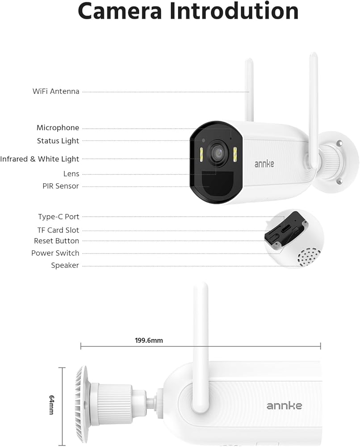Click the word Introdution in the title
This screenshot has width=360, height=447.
coord(234,11)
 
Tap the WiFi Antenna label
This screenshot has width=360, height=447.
coord(56,92)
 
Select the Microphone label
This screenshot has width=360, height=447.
coord(58,128)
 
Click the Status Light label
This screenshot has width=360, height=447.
coord(58,141)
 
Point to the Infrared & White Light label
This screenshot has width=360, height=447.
coord(40,159)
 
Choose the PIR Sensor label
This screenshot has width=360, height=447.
coord(61,186)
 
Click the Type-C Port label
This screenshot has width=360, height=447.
coord(59,217)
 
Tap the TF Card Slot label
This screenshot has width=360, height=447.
coord(58,230)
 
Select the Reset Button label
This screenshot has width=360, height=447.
coord(56,241)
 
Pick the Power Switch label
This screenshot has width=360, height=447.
coord(55,253)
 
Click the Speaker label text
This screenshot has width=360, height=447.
coord(65,266)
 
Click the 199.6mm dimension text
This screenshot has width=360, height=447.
coord(149,340)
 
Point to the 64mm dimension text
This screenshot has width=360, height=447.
coord(51,405)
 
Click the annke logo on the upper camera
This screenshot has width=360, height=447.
coord(264,164)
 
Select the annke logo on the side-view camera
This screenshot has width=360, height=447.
coord(284,405)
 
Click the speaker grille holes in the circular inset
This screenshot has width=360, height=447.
coord(309,257)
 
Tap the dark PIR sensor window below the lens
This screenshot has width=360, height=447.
coord(218,183)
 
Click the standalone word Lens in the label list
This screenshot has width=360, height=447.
coord(71,174)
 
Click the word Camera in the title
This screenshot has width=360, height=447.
coord(120,11)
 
